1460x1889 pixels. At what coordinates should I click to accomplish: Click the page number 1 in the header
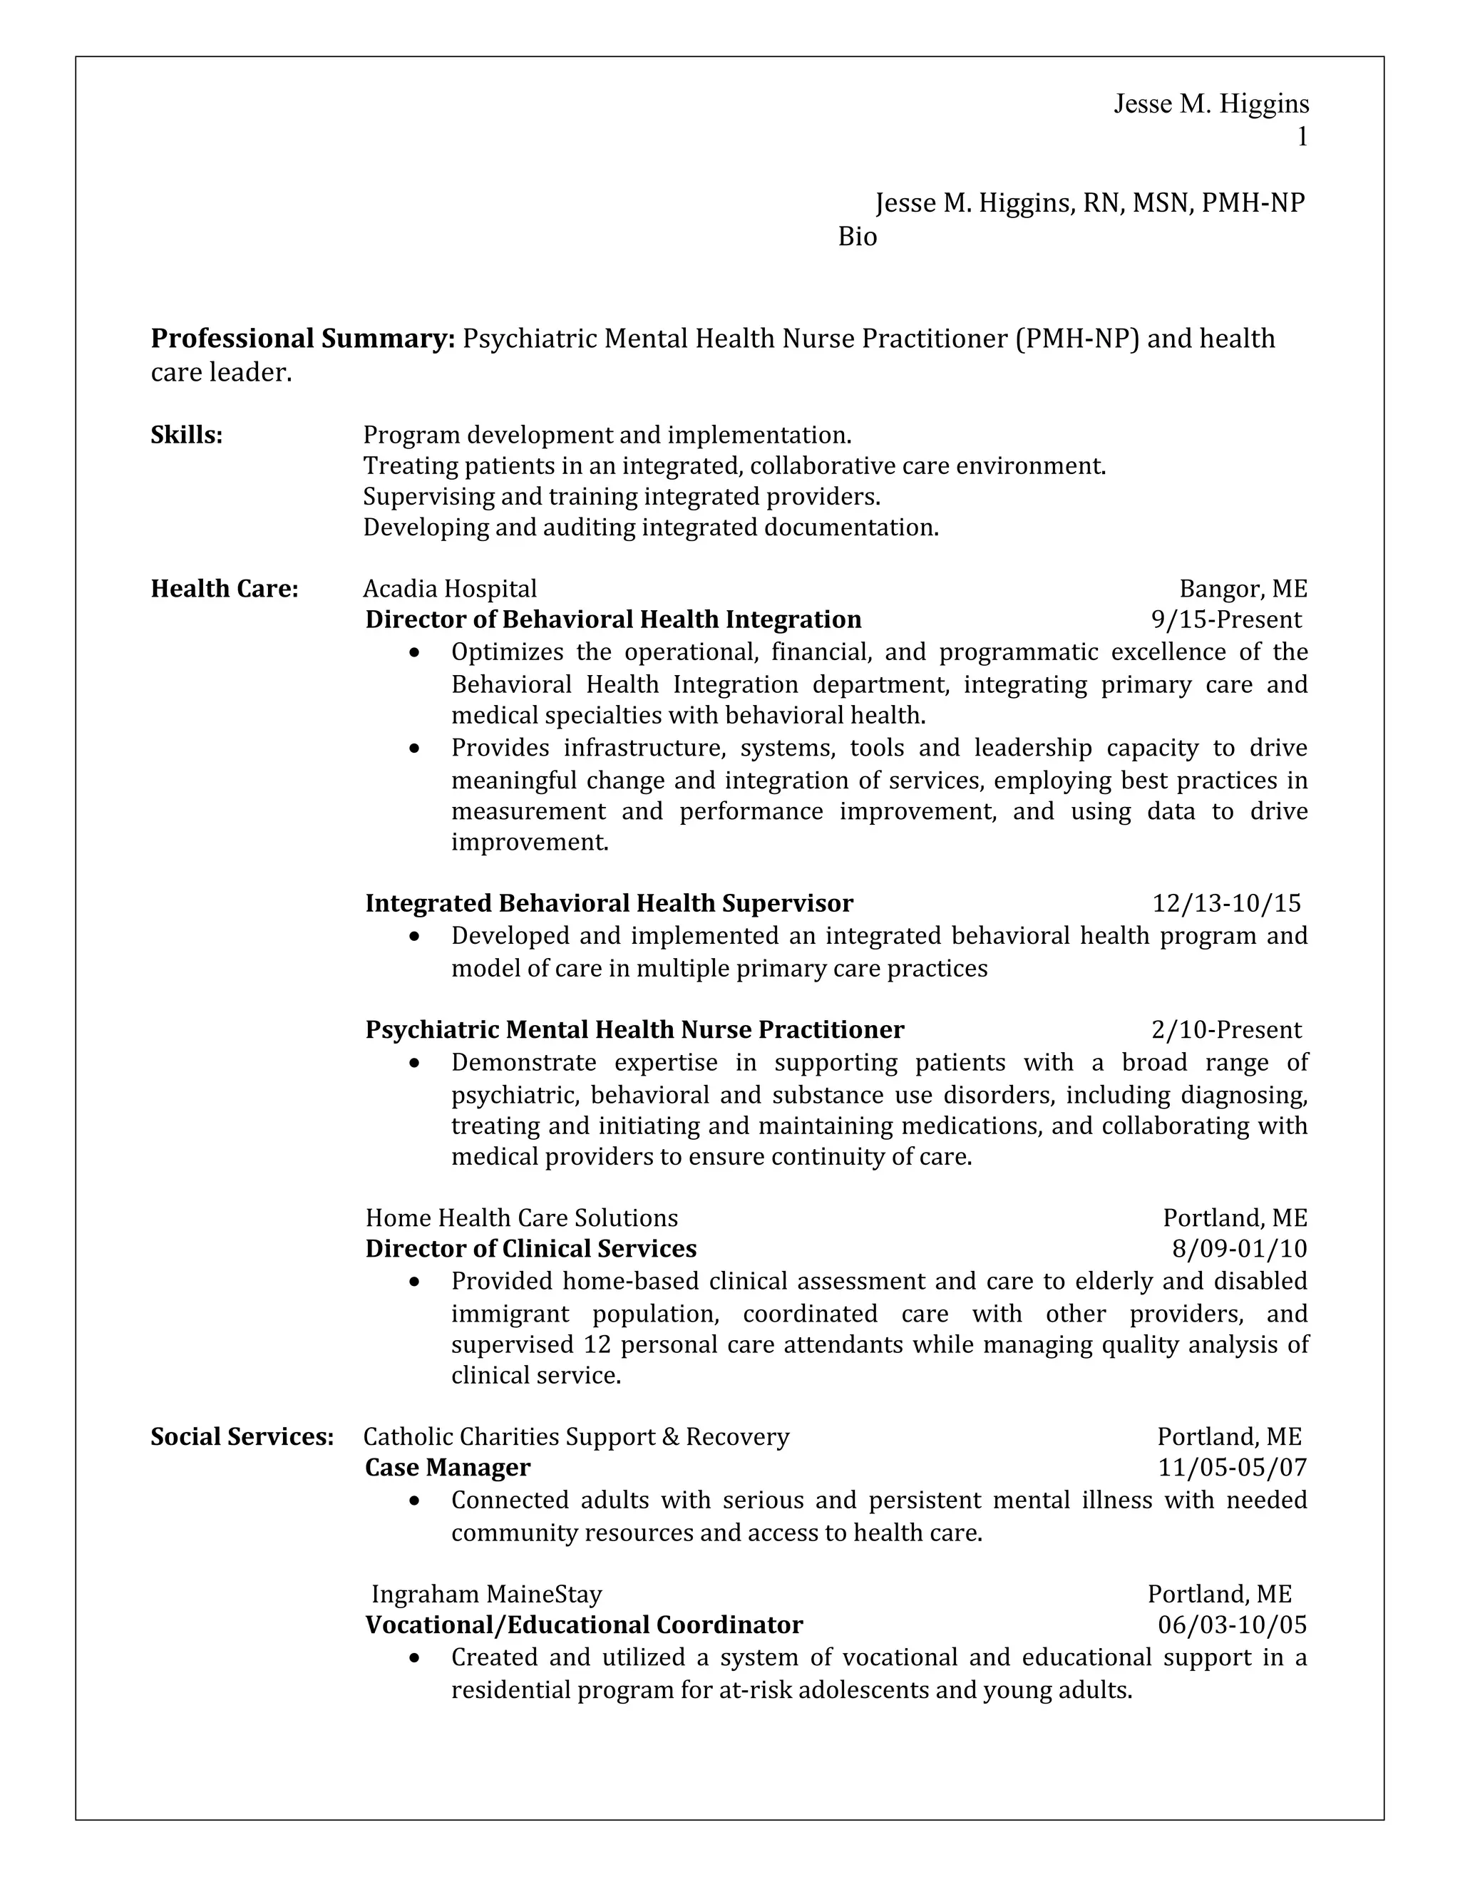(x=1302, y=137)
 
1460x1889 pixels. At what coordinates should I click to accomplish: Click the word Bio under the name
(x=857, y=237)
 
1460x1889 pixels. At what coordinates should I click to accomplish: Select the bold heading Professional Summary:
(x=303, y=338)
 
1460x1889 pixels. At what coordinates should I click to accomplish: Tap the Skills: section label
(x=187, y=435)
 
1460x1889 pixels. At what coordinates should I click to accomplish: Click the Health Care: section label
(x=225, y=589)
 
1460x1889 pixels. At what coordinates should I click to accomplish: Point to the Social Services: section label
(x=242, y=1436)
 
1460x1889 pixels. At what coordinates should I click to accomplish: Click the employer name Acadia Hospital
(x=450, y=589)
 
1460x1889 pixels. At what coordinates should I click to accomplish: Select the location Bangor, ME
(x=1243, y=589)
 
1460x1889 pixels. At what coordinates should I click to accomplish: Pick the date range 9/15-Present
(x=1225, y=620)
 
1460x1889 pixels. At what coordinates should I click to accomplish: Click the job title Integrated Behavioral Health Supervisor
(x=609, y=904)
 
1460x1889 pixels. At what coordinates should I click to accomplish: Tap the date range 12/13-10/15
(x=1226, y=904)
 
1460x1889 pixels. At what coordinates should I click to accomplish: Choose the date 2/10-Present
(x=1225, y=1030)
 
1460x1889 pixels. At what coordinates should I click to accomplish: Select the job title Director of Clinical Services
(x=530, y=1249)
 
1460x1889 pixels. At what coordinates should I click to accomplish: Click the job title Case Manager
(x=447, y=1468)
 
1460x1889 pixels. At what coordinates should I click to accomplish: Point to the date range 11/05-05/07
(x=1233, y=1468)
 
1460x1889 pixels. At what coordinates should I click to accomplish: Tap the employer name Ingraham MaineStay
(x=486, y=1594)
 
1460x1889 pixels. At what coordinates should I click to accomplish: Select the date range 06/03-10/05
(x=1233, y=1625)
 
